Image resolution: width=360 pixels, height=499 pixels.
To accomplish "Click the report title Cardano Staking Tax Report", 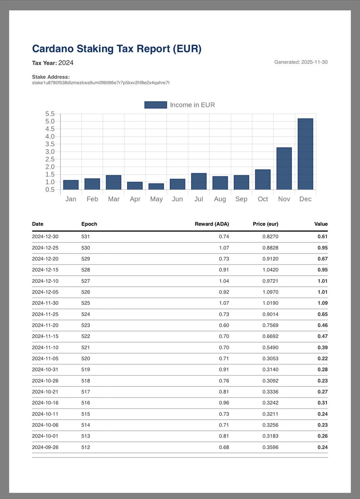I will [x=117, y=49].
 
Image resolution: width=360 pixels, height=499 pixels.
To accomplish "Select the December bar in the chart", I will [x=305, y=154].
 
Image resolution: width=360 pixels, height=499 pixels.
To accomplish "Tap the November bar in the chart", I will [x=284, y=168].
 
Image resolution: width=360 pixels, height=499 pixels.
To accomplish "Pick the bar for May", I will [x=156, y=186].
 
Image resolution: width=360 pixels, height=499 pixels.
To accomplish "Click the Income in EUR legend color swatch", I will [x=155, y=105].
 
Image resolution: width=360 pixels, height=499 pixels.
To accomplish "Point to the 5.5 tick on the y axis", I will [x=50, y=114].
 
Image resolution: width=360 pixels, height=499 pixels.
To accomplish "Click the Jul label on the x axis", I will [x=199, y=199].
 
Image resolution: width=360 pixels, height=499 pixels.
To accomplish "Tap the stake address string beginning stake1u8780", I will [x=101, y=83].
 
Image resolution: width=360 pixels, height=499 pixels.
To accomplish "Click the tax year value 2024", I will [x=66, y=63].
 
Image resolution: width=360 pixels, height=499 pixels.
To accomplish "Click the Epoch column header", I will [x=89, y=224].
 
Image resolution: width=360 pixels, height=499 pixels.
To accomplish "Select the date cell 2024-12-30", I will [x=45, y=237].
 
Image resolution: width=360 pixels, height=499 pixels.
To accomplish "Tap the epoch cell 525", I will [x=86, y=303].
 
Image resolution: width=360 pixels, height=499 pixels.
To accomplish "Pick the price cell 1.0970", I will [x=269, y=292].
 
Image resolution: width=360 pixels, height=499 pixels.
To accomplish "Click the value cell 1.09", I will [x=322, y=303].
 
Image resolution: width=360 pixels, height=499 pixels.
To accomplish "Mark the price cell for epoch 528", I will [x=269, y=270].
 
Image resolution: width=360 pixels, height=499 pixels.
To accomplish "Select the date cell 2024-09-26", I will [x=45, y=447].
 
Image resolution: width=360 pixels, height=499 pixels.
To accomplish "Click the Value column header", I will [x=320, y=224].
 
